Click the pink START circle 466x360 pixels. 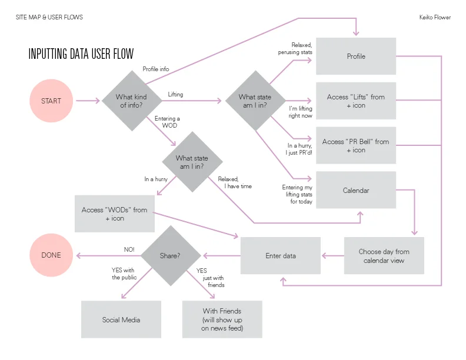51,101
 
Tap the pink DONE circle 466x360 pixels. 51,255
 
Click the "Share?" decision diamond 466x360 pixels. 169,256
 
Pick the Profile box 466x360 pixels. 356,56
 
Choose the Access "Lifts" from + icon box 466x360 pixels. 356,101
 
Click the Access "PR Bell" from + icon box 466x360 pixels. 356,146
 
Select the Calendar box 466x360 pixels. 356,190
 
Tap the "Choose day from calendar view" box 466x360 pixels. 384,256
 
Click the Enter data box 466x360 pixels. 281,256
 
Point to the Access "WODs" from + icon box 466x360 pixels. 115,214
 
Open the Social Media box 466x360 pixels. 121,320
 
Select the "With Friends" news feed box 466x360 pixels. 222,319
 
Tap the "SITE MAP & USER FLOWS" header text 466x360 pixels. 49,18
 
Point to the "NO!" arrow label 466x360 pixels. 129,249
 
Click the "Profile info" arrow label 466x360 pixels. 156,69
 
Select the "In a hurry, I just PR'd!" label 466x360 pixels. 299,149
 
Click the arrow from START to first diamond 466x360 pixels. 88,101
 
